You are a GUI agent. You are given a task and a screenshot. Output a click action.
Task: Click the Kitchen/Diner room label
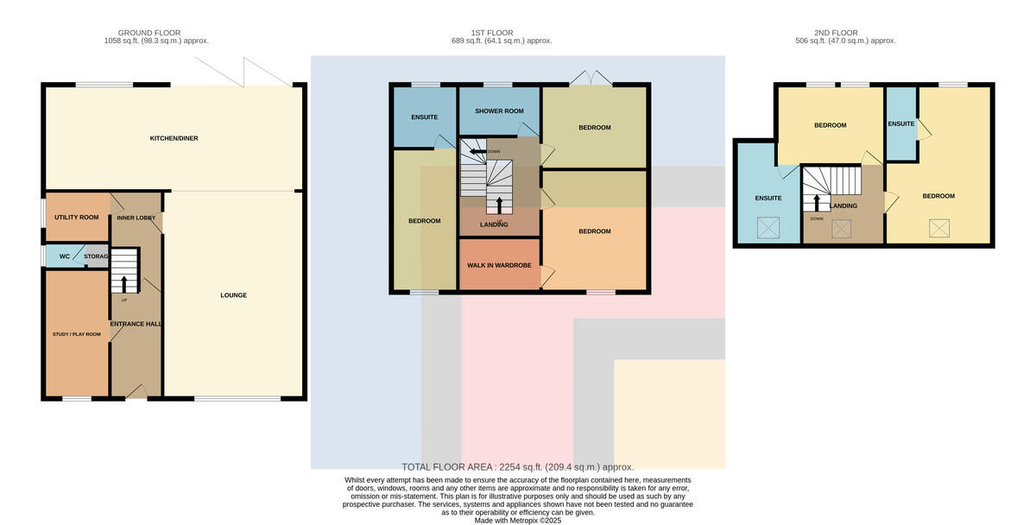(174, 138)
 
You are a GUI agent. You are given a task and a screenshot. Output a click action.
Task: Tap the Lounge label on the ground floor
(234, 295)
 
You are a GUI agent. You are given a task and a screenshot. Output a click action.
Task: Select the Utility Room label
(76, 218)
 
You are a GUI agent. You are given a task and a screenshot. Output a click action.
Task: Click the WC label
(64, 256)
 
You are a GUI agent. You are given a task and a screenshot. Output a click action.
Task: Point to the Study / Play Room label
(76, 334)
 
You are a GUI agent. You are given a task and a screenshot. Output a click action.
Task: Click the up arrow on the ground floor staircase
(124, 284)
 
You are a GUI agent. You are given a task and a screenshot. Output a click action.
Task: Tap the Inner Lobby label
(136, 218)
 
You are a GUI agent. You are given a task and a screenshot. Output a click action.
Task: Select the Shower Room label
(499, 111)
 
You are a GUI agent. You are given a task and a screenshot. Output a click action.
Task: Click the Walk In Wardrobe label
(499, 265)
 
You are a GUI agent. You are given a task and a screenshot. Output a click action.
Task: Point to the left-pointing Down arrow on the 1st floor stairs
(477, 151)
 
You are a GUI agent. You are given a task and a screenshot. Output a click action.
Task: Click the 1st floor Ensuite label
(424, 117)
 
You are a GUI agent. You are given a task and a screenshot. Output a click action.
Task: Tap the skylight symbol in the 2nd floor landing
(841, 229)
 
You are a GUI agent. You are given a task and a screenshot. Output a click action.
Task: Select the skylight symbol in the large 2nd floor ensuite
(768, 228)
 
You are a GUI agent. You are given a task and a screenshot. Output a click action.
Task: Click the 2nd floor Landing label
(843, 206)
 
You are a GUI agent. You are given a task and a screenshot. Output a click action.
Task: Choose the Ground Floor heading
(148, 33)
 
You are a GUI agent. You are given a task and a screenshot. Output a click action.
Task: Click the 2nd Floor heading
(836, 33)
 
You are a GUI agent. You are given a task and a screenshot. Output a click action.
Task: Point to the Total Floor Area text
(517, 467)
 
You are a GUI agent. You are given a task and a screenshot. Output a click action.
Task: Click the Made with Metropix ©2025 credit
(517, 521)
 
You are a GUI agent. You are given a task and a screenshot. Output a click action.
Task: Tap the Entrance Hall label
(136, 325)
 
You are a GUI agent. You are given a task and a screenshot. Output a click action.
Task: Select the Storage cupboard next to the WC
(97, 256)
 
